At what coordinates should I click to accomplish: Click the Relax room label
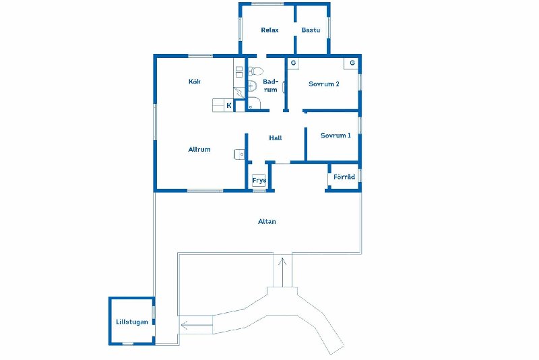point(269,30)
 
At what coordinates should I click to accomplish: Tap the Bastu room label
point(311,30)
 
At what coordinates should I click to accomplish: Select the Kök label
point(195,82)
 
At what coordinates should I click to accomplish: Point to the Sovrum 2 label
point(324,84)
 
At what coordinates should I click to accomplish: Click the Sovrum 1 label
point(336,136)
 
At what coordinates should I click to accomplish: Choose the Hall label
point(276,138)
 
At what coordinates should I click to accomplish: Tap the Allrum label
point(199,150)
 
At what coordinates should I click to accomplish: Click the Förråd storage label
point(344,177)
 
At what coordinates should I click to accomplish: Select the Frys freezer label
point(259,181)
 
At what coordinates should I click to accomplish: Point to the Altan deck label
point(267,222)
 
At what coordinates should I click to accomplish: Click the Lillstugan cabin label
point(132,322)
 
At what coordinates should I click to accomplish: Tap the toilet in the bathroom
point(255,71)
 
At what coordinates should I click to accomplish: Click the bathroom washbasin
point(252,85)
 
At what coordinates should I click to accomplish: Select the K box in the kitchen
point(229,106)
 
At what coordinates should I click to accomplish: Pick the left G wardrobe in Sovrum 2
point(293,63)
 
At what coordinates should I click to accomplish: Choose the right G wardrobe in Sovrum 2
point(352,63)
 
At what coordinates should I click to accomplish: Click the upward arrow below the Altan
point(282,272)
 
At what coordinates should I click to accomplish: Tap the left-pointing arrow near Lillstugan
point(197,325)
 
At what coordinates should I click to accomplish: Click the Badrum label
point(270,86)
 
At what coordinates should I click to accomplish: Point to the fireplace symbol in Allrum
point(239,154)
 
